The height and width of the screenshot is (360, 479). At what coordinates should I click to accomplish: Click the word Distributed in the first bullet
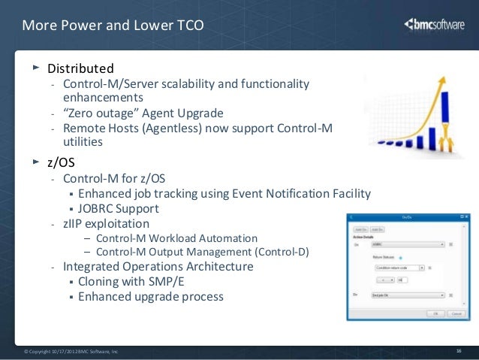pos(80,68)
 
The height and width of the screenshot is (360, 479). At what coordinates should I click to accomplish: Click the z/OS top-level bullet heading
pos(63,162)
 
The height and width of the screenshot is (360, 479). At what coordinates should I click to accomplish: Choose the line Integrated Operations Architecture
pos(158,266)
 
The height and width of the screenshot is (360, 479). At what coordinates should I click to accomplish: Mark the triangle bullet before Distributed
pos(34,68)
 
